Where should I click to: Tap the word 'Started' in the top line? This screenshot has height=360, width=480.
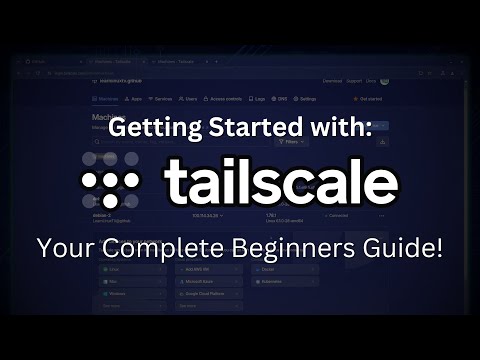tap(239, 129)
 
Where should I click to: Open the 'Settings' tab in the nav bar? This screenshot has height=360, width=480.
tap(305, 99)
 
